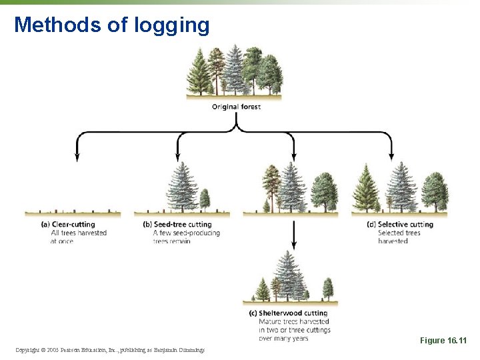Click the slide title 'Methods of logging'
tap(112, 25)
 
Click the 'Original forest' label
tap(236, 107)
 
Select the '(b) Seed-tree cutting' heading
tap(177, 225)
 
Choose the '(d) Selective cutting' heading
tap(400, 225)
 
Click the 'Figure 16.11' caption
tap(443, 341)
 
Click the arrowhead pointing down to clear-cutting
tap(77, 157)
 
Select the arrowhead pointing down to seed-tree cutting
tap(178, 157)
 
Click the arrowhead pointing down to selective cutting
tap(392, 157)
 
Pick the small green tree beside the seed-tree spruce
tap(205, 199)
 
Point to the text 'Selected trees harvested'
tap(399, 237)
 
